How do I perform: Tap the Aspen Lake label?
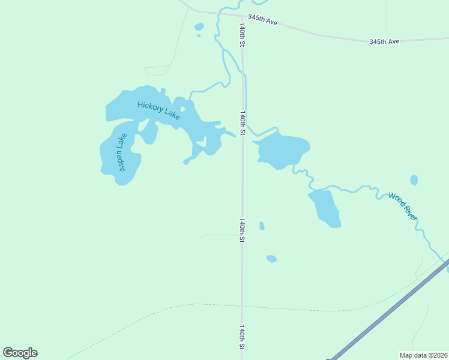tap(122, 152)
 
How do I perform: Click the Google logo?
tap(20, 353)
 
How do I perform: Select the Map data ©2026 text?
tap(424, 355)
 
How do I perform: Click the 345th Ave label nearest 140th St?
tap(263, 20)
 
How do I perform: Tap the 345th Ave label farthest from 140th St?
tap(384, 42)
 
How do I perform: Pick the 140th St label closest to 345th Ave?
tap(243, 35)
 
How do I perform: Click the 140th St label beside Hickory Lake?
tap(243, 122)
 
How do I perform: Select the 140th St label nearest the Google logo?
tap(243, 338)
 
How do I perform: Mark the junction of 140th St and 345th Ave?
tap(242, 16)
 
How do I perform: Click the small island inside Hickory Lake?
tap(182, 109)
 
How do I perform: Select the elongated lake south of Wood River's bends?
tap(326, 208)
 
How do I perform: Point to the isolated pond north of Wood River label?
tap(414, 180)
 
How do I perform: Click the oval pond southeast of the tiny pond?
tap(271, 259)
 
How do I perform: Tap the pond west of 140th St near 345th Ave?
tap(199, 26)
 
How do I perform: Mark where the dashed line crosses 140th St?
tap(242, 307)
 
